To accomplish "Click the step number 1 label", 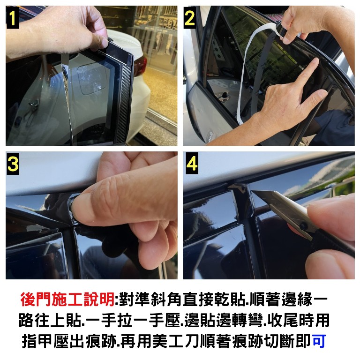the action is pos(13,18).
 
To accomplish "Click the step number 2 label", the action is pos(190,18).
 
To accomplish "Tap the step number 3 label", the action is pos(13,164).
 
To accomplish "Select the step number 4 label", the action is pos(192,164).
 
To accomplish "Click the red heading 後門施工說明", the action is pos(67,300).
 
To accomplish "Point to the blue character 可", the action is pos(319,341).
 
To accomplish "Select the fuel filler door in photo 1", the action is pos(92,79).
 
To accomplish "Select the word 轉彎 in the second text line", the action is pos(247,321).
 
